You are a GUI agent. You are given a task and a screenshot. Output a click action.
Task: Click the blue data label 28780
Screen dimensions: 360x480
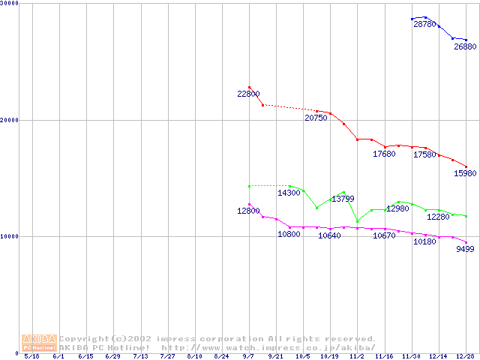pos(424,25)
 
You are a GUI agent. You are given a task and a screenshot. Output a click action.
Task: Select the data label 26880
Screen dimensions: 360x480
pos(465,46)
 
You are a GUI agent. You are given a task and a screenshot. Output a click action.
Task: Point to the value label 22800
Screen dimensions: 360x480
pos(248,94)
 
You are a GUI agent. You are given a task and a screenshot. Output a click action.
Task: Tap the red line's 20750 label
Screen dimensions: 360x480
pos(316,118)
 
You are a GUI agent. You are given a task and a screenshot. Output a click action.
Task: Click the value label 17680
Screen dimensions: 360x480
pos(384,154)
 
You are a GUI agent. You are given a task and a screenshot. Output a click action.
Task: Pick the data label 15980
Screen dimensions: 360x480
pos(466,173)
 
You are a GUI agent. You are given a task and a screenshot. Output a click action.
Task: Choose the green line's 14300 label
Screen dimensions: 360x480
pos(289,193)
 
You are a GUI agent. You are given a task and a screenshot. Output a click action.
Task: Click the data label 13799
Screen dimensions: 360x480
pos(343,199)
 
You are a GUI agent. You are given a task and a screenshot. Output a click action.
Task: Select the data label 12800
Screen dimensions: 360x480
pos(248,211)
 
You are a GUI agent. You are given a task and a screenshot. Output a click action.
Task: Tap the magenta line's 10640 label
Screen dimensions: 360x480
pos(329,235)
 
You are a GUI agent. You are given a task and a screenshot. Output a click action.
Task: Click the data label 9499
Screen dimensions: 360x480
pos(465,250)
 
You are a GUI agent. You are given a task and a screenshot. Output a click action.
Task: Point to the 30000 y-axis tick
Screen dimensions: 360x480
pos(10,4)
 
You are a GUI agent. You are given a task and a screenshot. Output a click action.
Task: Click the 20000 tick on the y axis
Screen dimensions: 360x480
pos(10,120)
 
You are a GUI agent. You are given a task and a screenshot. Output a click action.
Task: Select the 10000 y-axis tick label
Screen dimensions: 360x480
pos(10,236)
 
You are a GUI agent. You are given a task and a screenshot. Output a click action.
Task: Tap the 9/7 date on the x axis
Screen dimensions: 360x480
pos(249,357)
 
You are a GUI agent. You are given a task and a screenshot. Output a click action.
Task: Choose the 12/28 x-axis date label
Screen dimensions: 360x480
pos(466,357)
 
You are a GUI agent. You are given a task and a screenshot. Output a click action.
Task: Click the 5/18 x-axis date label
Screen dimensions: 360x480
pos(31,357)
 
